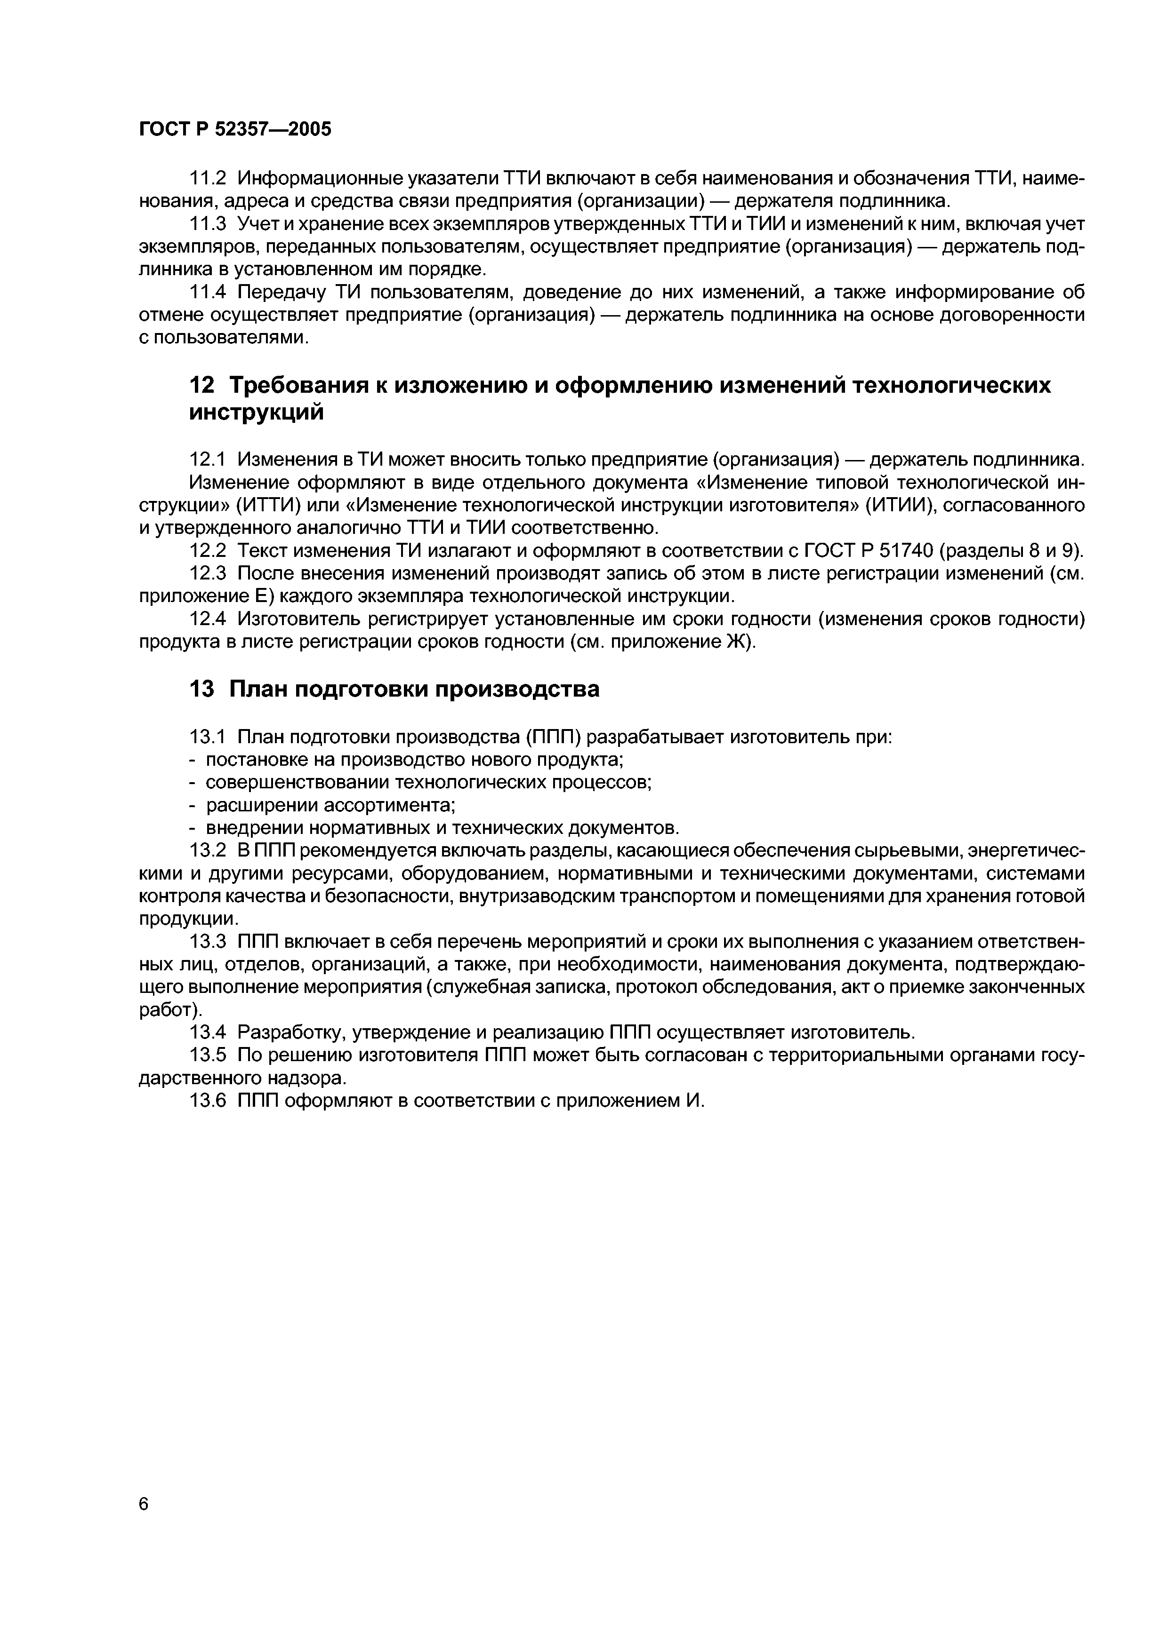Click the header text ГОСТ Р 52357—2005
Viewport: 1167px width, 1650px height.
tap(235, 129)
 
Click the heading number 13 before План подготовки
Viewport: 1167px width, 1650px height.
tap(201, 689)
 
